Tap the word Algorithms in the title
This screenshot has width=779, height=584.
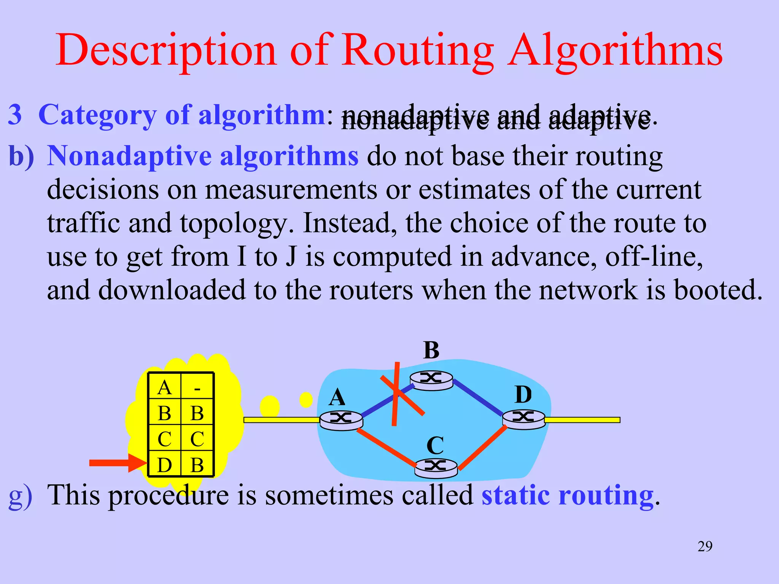[x=616, y=51]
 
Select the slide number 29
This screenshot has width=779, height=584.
[x=705, y=546]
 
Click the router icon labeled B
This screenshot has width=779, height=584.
[x=431, y=380]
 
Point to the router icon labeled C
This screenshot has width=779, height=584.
[x=436, y=467]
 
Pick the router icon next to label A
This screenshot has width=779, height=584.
[x=341, y=420]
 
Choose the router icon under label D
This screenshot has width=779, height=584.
[x=524, y=419]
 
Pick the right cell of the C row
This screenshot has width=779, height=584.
[x=197, y=439]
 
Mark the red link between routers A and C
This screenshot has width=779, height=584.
[x=386, y=447]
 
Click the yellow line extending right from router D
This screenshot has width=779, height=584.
[x=582, y=420]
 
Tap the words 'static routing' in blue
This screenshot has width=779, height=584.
[x=567, y=495]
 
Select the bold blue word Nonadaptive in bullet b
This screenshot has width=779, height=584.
[x=129, y=156]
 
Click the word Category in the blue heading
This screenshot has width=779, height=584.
[x=97, y=115]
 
